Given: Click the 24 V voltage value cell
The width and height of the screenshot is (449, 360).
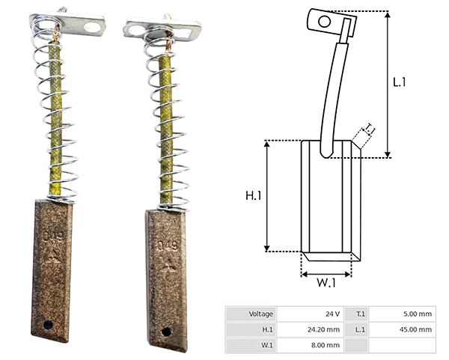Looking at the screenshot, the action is (x=332, y=314).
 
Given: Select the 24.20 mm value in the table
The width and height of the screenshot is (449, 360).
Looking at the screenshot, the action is (x=323, y=329).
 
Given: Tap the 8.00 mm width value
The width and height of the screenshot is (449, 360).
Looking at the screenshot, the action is (x=326, y=345).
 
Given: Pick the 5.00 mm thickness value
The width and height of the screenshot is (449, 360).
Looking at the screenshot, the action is (x=418, y=314).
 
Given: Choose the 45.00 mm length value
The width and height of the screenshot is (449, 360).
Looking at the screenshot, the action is (x=416, y=329).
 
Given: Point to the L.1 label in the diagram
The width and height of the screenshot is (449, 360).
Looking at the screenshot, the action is (x=400, y=82).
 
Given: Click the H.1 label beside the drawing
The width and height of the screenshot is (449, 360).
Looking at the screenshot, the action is (x=254, y=195).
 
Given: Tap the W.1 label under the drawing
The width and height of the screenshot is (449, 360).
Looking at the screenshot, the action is (x=326, y=283).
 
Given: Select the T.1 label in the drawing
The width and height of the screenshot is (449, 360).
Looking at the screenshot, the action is (x=370, y=129).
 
